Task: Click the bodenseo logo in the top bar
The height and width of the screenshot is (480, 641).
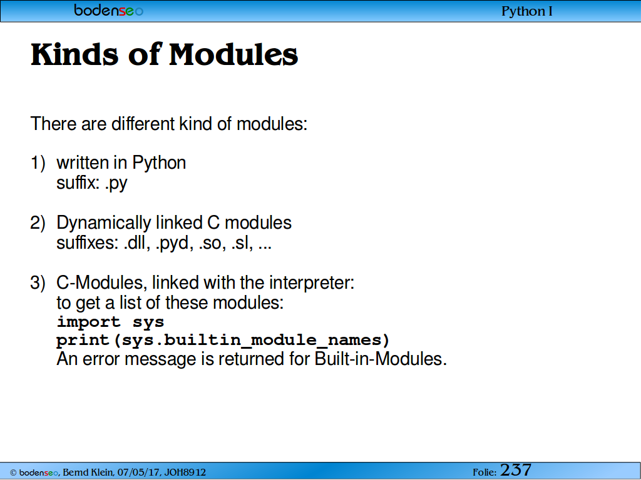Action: (x=109, y=10)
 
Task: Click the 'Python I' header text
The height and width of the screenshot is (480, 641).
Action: (x=527, y=11)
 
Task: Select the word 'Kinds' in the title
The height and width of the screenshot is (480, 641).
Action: (x=74, y=54)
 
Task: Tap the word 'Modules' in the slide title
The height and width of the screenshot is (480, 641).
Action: (x=233, y=54)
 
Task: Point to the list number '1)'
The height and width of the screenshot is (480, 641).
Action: (x=38, y=163)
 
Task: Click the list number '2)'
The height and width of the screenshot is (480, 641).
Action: (x=38, y=223)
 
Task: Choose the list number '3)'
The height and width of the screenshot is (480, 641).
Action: (x=38, y=283)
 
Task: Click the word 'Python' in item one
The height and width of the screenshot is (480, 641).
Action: (x=159, y=163)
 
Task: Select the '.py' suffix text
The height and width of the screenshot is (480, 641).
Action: (x=116, y=184)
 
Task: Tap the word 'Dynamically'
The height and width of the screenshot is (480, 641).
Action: (x=104, y=223)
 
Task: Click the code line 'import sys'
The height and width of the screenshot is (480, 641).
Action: (x=110, y=322)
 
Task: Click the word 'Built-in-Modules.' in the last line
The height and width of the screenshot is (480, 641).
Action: (x=381, y=359)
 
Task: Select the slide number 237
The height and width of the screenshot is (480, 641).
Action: (x=516, y=470)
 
